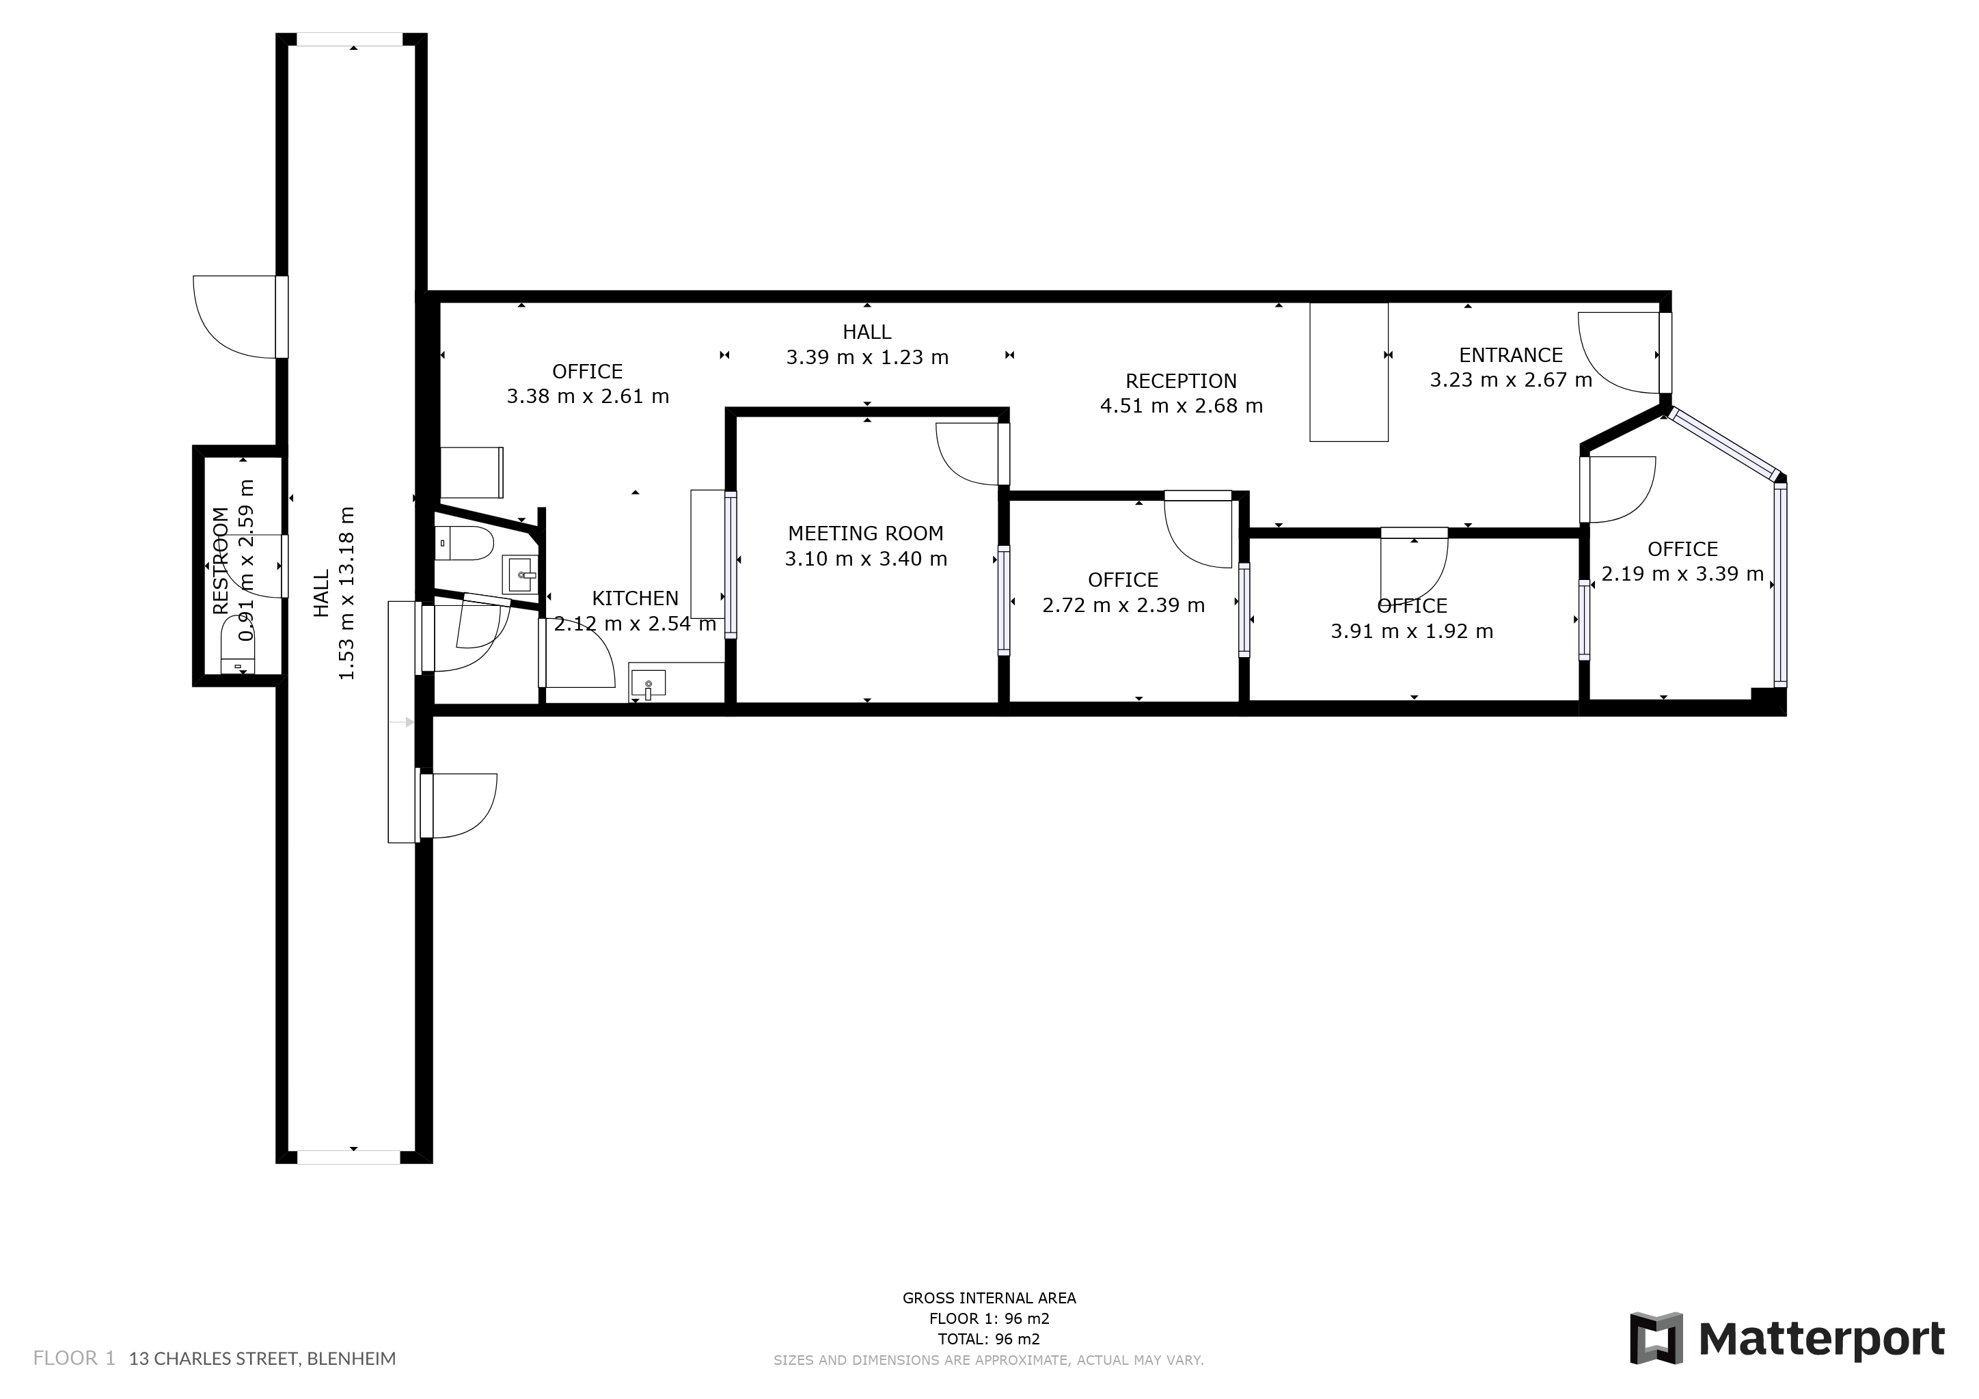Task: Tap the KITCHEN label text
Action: tap(636, 598)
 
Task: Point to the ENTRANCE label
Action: tap(1510, 355)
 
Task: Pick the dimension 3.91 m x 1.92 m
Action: tap(1412, 631)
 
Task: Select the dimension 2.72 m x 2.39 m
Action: tap(1123, 606)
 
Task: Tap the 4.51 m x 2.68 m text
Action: tap(1181, 406)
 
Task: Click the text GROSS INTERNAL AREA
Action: tap(989, 1298)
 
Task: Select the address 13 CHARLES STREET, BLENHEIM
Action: tap(262, 1359)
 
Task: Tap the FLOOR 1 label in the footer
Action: tap(74, 1359)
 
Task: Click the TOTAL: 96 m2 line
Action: tap(989, 1340)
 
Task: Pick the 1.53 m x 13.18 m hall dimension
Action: tap(346, 593)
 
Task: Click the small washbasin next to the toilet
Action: tap(521, 574)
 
